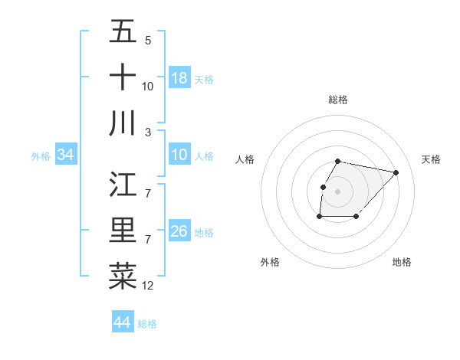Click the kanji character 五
tap(123, 32)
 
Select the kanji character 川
tap(123, 123)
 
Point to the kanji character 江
tap(123, 185)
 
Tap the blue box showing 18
tap(179, 78)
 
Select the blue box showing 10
tap(179, 155)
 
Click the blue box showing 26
tap(179, 232)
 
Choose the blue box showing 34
tap(65, 155)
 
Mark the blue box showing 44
tap(122, 322)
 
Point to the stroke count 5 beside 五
tap(147, 41)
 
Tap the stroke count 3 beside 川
tap(147, 133)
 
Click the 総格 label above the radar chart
tap(338, 100)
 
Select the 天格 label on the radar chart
tap(432, 159)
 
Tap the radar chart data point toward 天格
tap(396, 173)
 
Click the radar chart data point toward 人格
tap(323, 187)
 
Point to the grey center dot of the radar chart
tap(338, 191)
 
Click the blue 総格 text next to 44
tap(147, 324)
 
